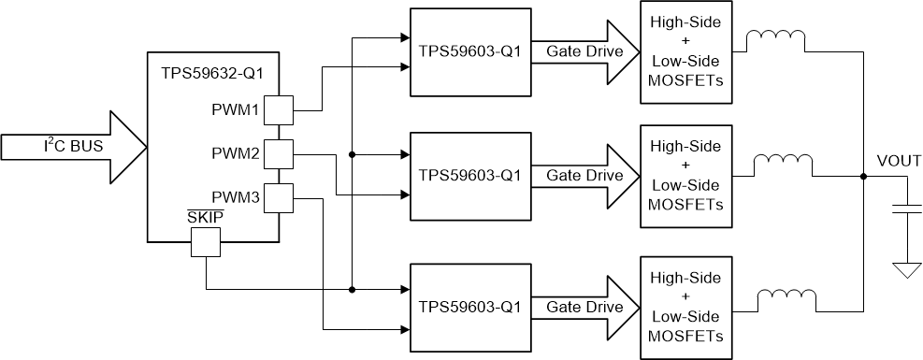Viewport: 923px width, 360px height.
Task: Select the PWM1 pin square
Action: pyautogui.click(x=279, y=110)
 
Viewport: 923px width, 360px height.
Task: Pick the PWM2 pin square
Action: pyautogui.click(x=279, y=153)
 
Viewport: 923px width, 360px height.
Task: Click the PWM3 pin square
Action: pyautogui.click(x=279, y=197)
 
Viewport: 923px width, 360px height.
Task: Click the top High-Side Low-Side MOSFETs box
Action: pyautogui.click(x=685, y=51)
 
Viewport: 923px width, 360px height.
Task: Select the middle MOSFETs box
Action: pyautogui.click(x=685, y=175)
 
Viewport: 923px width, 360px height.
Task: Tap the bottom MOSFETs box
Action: pyautogui.click(x=685, y=307)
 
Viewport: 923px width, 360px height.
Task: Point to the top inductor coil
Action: pyautogui.click(x=774, y=39)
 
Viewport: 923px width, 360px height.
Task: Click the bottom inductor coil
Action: pyautogui.click(x=786, y=297)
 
